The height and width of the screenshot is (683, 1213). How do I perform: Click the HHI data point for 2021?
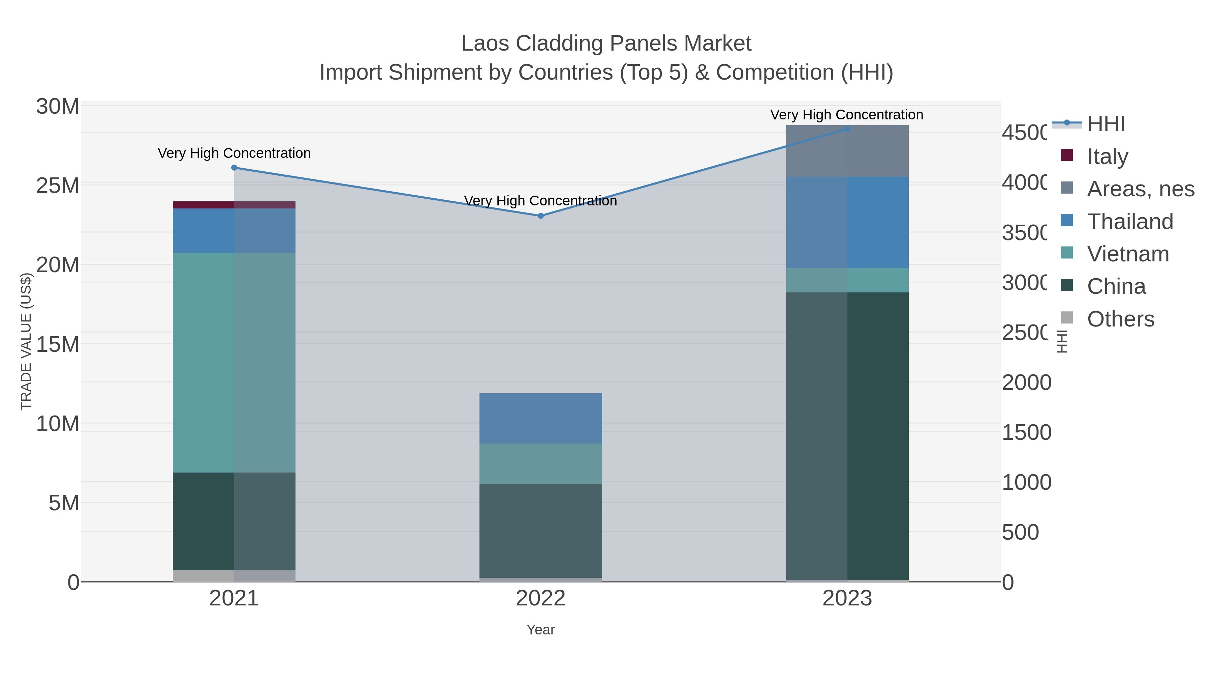point(234,168)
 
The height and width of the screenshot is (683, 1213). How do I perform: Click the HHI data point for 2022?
point(540,216)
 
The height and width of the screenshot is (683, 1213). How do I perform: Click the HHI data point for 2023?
point(847,129)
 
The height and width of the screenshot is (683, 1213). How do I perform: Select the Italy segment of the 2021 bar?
point(234,205)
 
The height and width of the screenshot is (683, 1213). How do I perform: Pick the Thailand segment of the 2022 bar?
point(540,418)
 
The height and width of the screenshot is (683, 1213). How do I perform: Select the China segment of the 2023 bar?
point(847,436)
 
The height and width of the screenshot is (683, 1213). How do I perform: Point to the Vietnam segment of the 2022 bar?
point(540,463)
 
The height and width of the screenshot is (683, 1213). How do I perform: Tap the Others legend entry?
point(1120,319)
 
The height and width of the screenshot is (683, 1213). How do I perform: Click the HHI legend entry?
point(1106,124)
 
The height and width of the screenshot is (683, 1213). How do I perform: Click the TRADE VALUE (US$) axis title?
point(26,341)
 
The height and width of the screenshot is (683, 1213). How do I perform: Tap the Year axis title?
point(540,630)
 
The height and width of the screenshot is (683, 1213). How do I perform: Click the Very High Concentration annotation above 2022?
point(540,201)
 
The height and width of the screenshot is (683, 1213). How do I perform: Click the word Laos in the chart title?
point(485,44)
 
